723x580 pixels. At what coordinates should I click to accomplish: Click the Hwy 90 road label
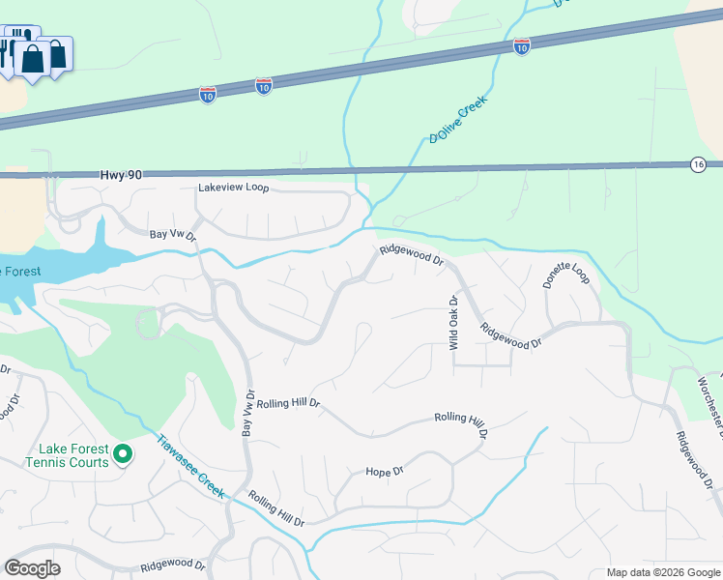click(121, 175)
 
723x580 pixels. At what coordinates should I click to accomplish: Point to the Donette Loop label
click(564, 275)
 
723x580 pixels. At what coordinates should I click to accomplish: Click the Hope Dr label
click(384, 472)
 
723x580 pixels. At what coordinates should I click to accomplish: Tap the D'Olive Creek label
click(459, 119)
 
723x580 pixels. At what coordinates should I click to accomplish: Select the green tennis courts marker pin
click(123, 453)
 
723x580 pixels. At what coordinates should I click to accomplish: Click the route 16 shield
click(698, 165)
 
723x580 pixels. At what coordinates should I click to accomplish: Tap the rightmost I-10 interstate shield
click(522, 46)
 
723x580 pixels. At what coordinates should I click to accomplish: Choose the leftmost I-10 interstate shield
click(208, 94)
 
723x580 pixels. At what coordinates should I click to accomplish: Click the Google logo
click(33, 568)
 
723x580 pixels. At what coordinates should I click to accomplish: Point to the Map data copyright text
click(662, 572)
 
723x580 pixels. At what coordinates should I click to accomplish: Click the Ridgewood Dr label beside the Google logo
click(173, 565)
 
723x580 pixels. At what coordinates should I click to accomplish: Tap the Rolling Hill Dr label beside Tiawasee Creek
click(276, 508)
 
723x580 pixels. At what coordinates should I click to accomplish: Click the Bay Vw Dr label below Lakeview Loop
click(173, 235)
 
